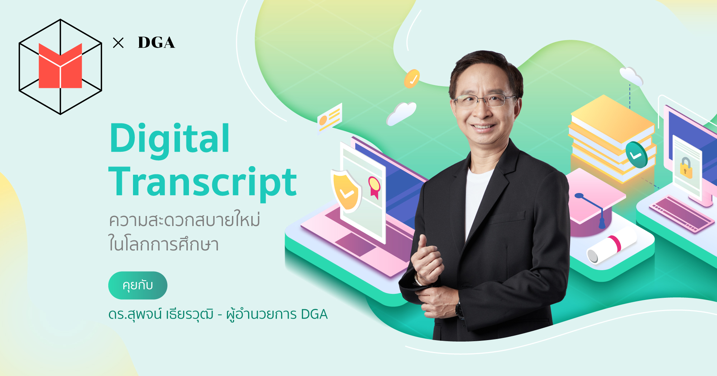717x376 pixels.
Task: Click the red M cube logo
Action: coord(60,67)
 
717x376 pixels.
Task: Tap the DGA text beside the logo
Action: coord(156,43)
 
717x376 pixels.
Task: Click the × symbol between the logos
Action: coord(118,43)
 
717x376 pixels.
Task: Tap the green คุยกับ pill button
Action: coord(138,286)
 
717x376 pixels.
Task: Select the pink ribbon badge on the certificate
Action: coord(374,187)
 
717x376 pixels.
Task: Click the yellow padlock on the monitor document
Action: coord(686,168)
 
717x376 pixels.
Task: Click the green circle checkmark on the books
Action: coord(636,155)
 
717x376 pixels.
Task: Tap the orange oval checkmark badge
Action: coord(412,79)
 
